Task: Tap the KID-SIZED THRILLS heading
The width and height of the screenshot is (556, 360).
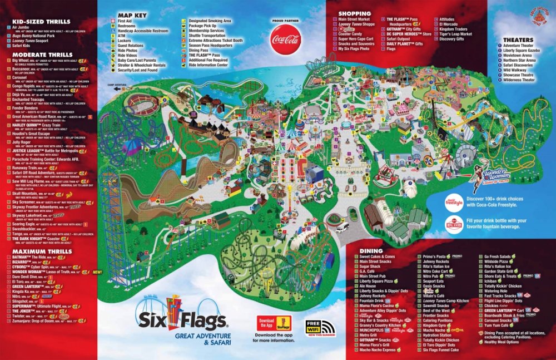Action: point(41,22)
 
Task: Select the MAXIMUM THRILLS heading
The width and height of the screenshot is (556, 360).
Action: point(42,251)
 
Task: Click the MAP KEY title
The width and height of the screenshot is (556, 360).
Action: point(132,14)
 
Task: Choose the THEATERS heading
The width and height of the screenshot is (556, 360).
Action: point(518,40)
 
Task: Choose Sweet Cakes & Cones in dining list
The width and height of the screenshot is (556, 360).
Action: point(378,257)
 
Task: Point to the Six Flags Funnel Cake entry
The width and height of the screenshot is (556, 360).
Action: point(443,349)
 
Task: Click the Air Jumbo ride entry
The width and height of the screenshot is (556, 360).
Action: point(19,27)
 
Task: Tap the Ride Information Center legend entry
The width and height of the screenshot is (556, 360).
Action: point(208,65)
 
